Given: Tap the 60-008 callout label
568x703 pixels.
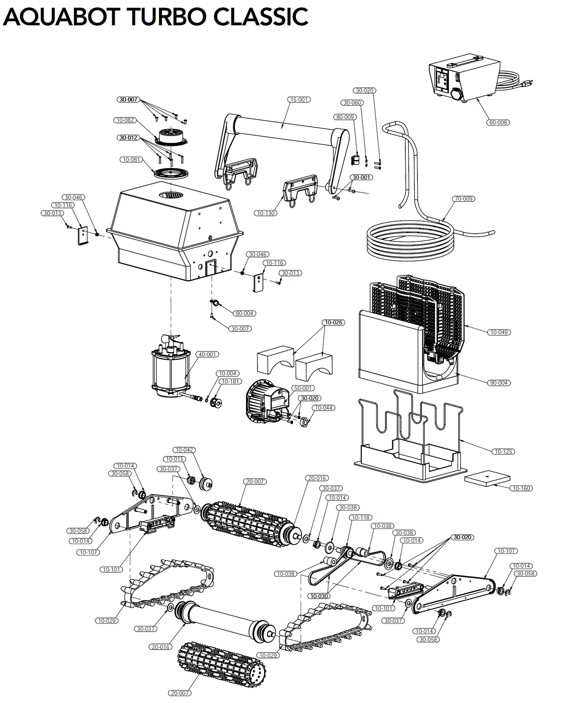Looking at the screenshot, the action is [x=498, y=122].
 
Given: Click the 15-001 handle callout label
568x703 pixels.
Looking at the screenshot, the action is [x=299, y=100].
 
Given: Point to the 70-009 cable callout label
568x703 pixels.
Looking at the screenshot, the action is [x=464, y=199].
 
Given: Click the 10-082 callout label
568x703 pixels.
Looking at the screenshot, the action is [x=125, y=120].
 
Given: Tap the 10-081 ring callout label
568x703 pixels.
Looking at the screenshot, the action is [x=131, y=160].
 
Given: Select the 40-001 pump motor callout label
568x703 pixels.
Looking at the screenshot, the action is [x=207, y=354].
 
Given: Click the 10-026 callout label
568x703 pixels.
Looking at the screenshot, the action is [x=333, y=322].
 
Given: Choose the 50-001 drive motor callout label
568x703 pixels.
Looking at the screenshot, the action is [x=303, y=388].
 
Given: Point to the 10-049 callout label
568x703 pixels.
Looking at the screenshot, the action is [x=499, y=332].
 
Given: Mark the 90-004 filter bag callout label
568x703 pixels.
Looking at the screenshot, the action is [x=499, y=383].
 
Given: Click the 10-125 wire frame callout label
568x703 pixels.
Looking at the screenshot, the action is [x=503, y=451].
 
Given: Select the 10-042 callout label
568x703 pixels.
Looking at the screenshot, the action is [x=184, y=450].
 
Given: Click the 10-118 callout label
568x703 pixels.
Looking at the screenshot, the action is [x=361, y=518].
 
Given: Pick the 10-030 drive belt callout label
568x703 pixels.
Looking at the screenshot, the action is [x=319, y=596].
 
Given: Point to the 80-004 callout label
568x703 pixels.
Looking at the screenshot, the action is [x=244, y=313].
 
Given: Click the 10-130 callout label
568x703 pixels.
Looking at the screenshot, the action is [x=266, y=213].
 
